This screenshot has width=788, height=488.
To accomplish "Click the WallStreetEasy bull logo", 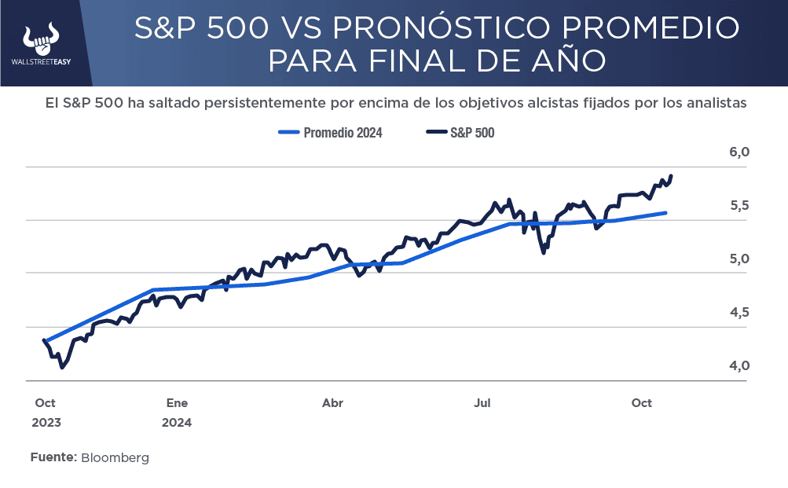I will pos(42,38).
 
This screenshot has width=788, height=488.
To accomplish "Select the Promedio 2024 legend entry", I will pos(331,133).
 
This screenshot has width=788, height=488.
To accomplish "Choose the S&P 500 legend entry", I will pos(460,133).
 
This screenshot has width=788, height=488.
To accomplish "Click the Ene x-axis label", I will pos(177,403).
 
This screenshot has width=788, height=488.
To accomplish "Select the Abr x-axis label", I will pos(332,403).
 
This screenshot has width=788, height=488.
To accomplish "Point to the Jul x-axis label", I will pos(482,403).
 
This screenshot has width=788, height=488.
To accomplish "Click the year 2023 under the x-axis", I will pos(46,422).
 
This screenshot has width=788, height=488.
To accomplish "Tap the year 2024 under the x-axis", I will pos(177,422).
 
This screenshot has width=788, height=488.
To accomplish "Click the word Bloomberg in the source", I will pos(115,457).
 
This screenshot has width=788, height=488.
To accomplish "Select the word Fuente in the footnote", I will pos(53,457).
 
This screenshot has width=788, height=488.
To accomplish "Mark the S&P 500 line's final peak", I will pos(672,176).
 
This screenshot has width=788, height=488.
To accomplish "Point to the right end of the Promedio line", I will pos(666,213).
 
